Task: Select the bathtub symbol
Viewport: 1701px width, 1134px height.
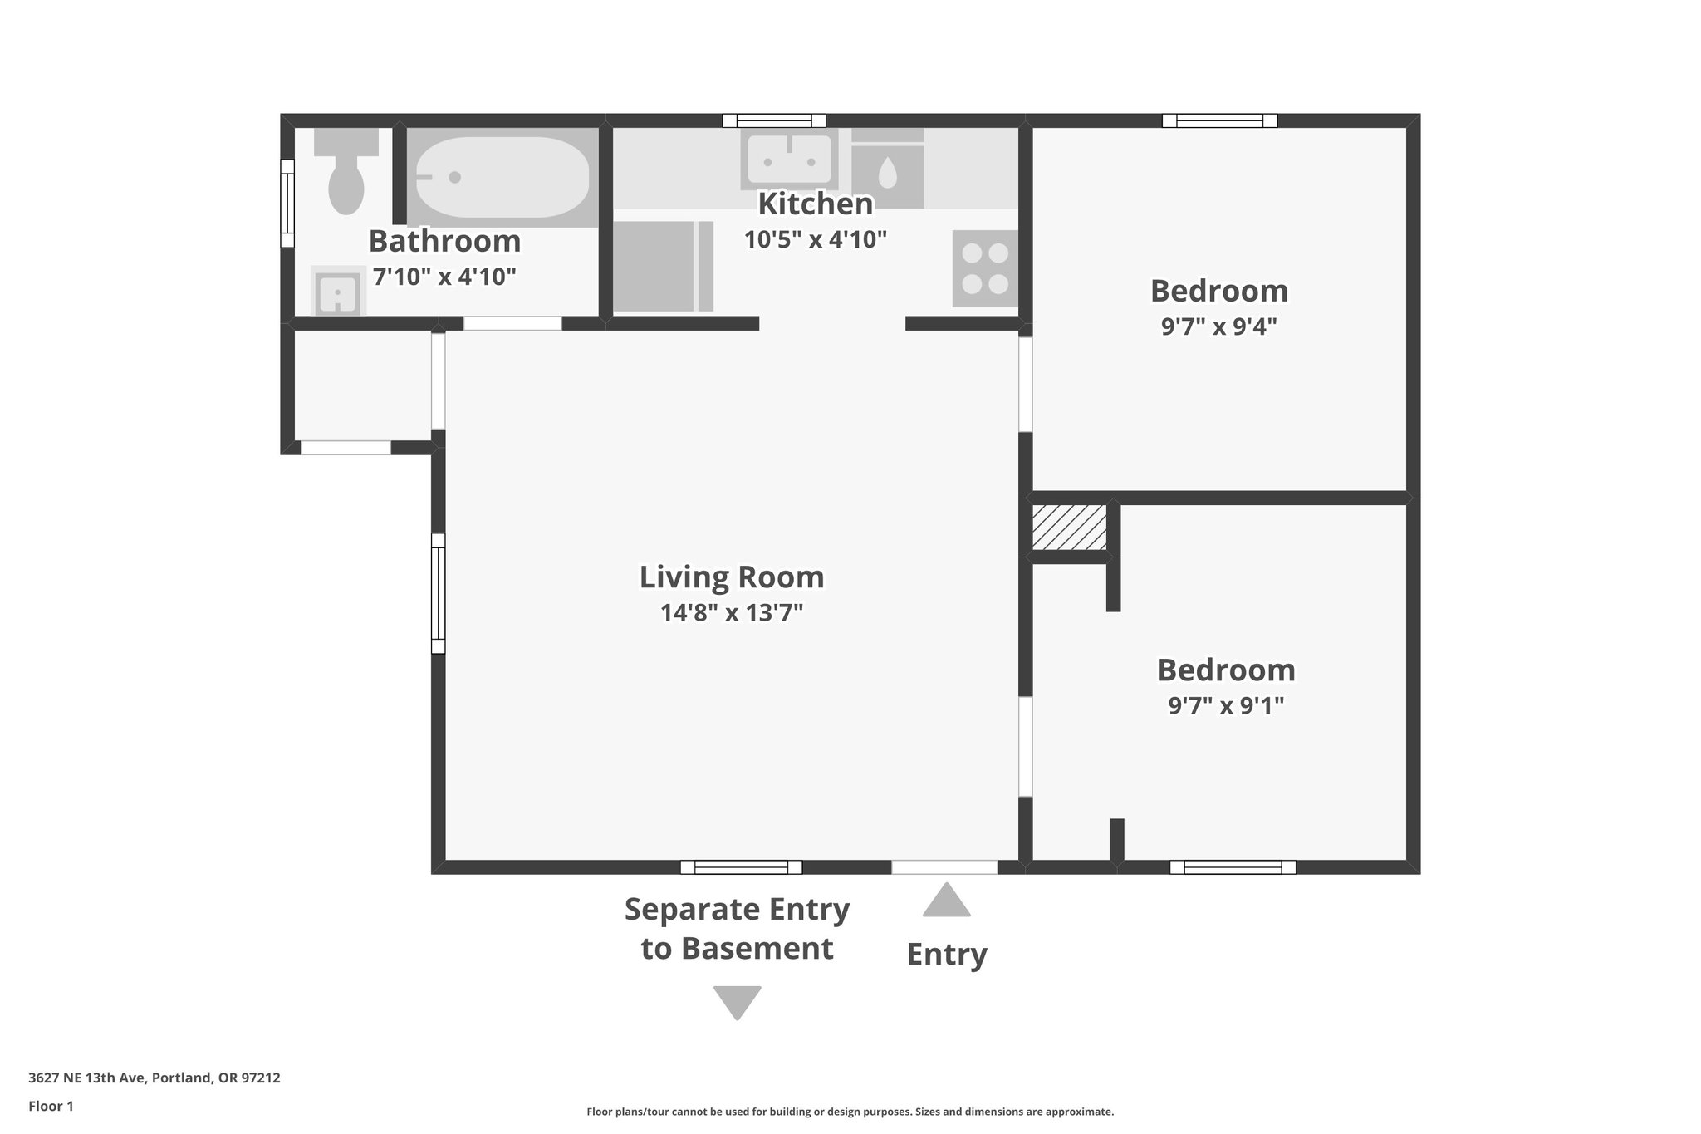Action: coord(502,177)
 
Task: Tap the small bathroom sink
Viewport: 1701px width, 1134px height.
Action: coord(338,292)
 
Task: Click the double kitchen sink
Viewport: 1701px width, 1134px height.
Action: coord(789,159)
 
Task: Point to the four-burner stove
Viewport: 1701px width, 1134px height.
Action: coord(985,268)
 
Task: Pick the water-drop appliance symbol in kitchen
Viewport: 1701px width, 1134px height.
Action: coord(887,174)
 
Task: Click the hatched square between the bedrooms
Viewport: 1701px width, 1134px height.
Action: coord(1069,527)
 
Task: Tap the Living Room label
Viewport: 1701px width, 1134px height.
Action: coord(731,577)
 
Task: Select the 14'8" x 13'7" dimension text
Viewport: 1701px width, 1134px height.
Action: coord(731,613)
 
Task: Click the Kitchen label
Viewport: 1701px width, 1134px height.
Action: coord(815,204)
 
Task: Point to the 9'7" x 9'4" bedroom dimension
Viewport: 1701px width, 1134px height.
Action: coord(1218,326)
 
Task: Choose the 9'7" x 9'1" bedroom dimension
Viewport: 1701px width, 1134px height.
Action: coord(1226,705)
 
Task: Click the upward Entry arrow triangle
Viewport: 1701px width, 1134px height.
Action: coord(946,901)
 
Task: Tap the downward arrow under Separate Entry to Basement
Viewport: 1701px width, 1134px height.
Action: coord(737,1000)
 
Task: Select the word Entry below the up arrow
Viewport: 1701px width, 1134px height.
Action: coord(946,955)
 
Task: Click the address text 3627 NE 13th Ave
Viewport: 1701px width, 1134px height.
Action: coord(154,1078)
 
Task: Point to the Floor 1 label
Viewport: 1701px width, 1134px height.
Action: coord(51,1106)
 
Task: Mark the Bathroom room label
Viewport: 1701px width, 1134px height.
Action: coord(444,241)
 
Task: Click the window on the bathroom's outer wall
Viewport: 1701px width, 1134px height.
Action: coord(287,204)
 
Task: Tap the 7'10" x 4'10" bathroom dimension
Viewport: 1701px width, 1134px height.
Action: coord(444,277)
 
